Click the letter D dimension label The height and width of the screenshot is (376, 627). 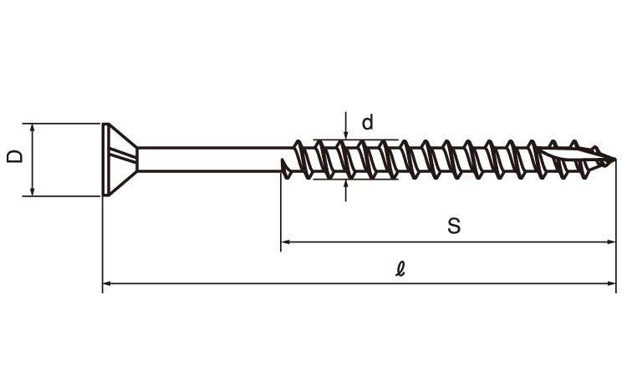point(15,156)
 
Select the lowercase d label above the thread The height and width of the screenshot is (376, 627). point(368,122)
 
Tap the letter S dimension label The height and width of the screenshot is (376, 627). point(454,226)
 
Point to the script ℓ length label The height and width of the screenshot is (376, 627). point(400,268)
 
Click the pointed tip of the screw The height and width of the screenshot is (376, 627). point(614,160)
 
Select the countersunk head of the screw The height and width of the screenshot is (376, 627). point(120,160)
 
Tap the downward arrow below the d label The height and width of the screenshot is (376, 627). point(345,125)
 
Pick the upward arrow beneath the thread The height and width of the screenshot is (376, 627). point(345,191)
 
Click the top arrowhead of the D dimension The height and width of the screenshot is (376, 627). point(33,128)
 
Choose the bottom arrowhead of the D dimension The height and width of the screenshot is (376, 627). point(33,192)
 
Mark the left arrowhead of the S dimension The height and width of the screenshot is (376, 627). point(286,241)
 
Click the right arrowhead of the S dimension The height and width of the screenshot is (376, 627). point(611,241)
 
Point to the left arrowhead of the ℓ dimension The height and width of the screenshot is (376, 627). point(107,283)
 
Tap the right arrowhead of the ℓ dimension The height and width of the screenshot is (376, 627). point(611,283)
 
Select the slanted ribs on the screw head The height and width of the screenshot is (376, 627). point(123,155)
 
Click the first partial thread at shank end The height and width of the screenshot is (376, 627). point(286,169)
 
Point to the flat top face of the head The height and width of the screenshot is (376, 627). point(105,160)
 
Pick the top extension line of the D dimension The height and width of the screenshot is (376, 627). point(61,124)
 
